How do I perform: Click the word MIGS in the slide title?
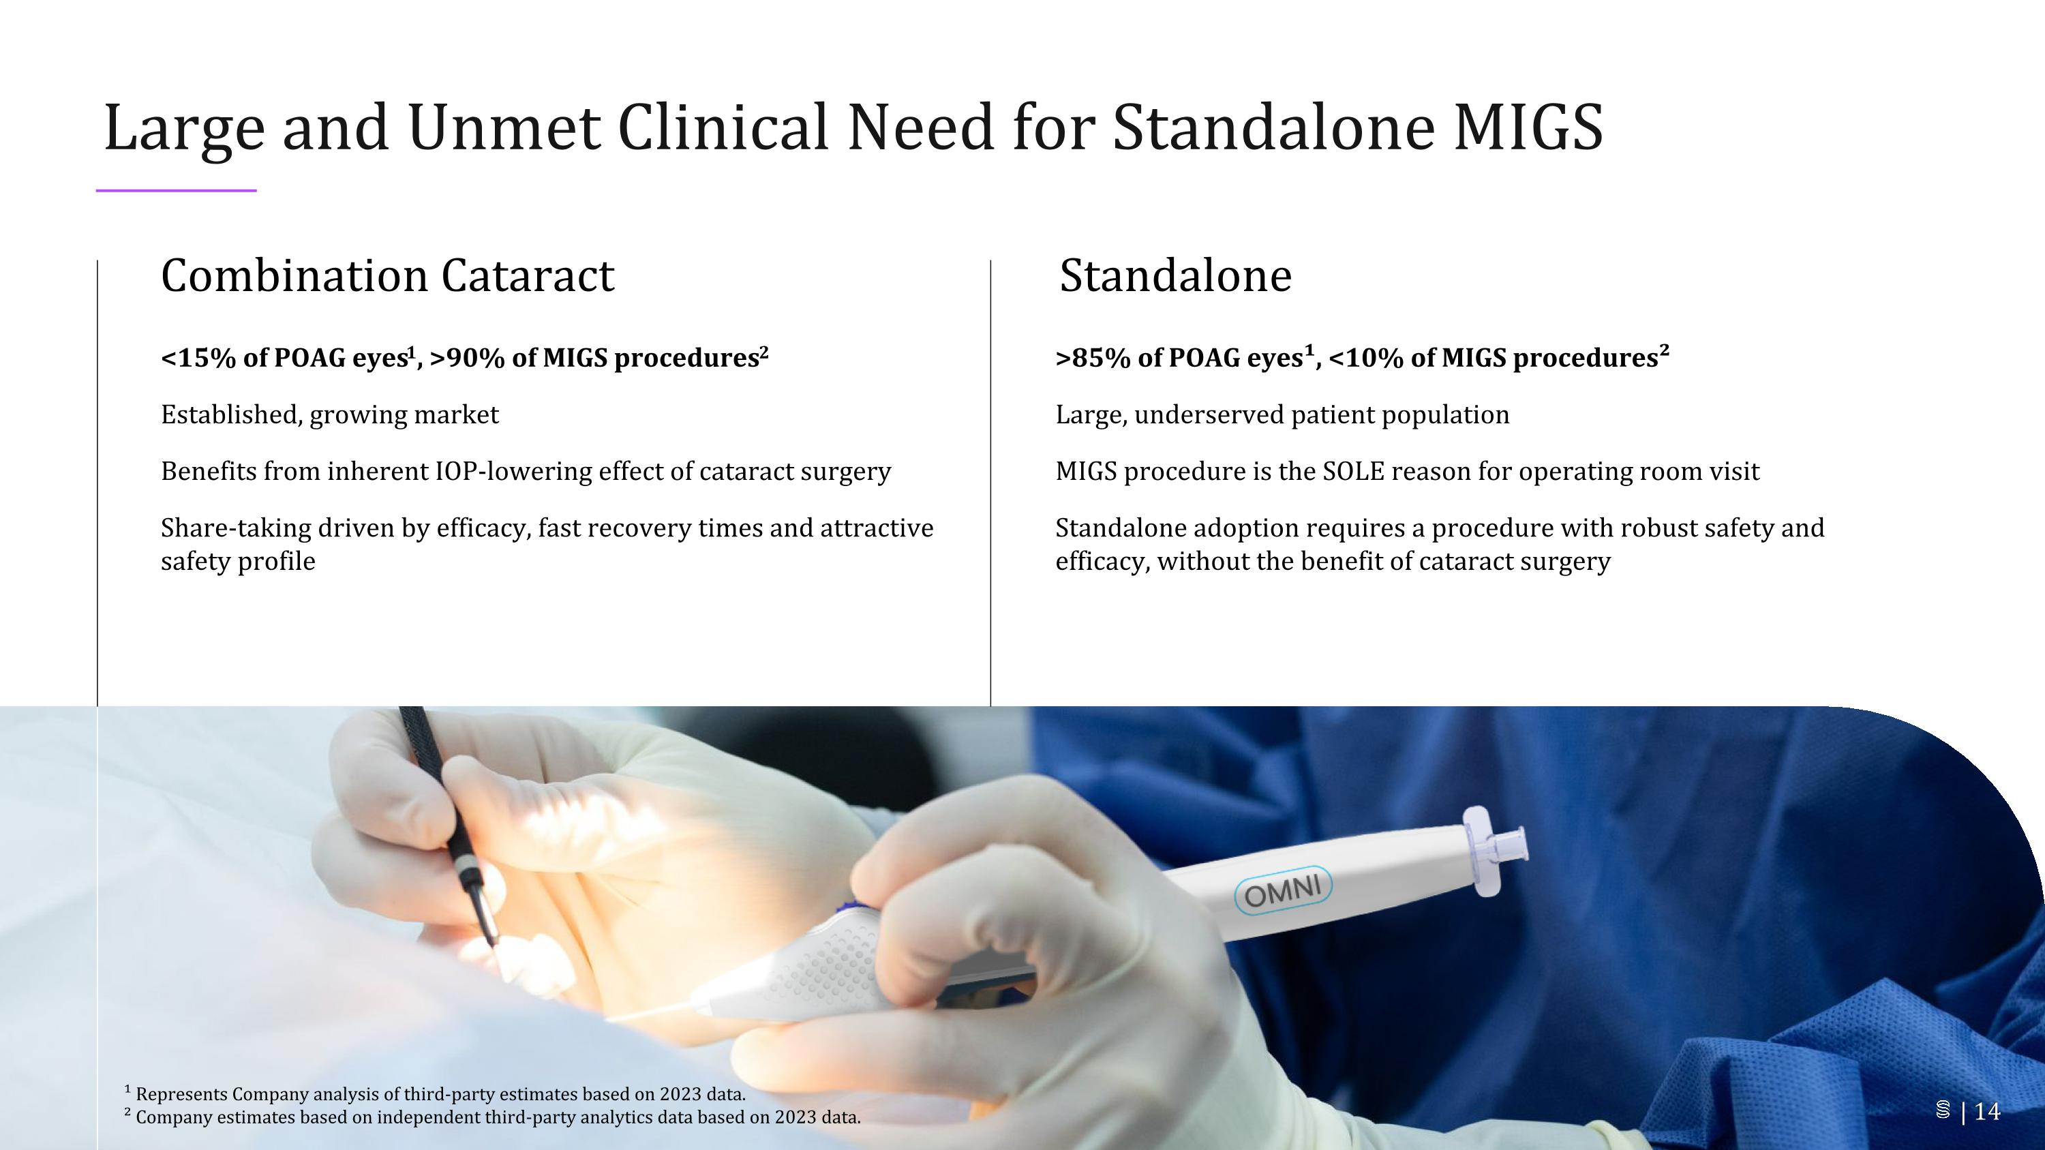point(1528,127)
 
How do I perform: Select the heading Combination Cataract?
point(387,276)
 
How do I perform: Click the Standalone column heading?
point(1175,276)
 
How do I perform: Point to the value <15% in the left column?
point(198,359)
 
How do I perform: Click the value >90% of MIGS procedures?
point(595,359)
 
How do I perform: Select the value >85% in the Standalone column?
point(1092,359)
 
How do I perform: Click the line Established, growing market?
point(329,415)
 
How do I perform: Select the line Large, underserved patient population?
point(1282,415)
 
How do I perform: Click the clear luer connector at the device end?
point(1496,846)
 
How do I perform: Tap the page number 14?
point(1987,1112)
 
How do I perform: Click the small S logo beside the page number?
point(1943,1111)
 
